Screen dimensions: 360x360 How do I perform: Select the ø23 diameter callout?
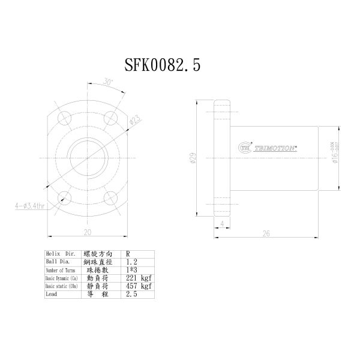(135, 120)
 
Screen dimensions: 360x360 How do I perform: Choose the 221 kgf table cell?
(135, 278)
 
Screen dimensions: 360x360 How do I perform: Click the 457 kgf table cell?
(135, 286)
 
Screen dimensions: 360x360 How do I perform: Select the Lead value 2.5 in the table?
(131, 295)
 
